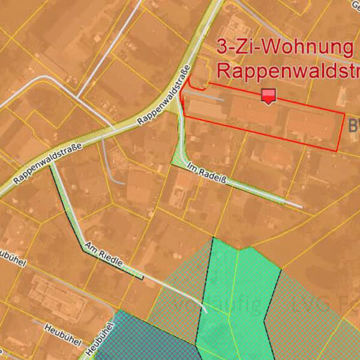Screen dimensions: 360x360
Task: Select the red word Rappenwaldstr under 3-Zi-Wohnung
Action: pos(287,71)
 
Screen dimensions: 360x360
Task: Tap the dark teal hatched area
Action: pos(144,339)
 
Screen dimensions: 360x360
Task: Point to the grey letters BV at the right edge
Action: pos(353,125)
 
